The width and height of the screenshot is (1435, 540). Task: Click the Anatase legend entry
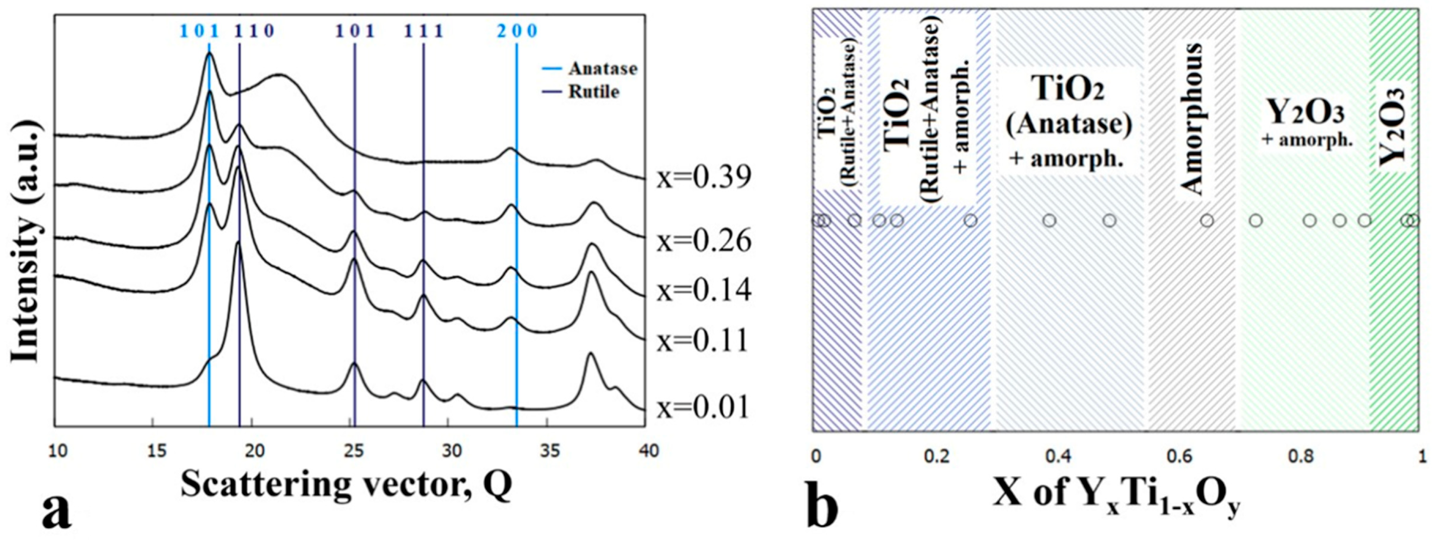(602, 69)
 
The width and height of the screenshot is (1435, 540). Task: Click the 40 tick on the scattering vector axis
(646, 450)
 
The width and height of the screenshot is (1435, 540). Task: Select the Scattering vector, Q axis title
(346, 484)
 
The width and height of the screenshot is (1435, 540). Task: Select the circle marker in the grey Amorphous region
(1207, 220)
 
